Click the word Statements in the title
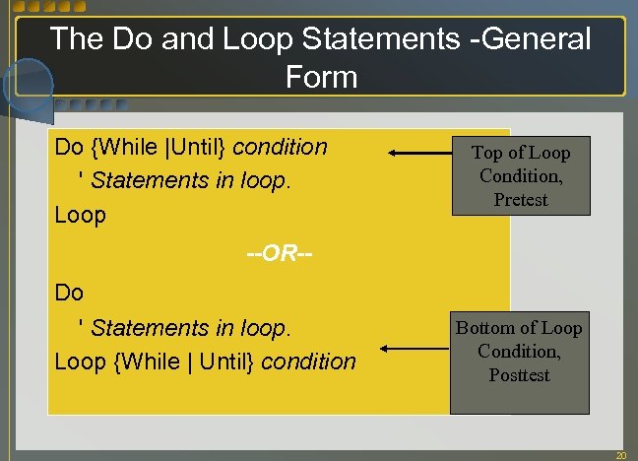(390, 39)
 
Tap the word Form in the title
(321, 76)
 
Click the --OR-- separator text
(280, 253)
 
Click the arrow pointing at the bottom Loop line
(415, 348)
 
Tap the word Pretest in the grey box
(520, 200)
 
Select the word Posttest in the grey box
(519, 375)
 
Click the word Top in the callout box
(487, 153)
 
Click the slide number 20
(620, 455)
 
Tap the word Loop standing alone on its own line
(80, 215)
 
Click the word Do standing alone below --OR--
(69, 293)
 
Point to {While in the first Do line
(124, 148)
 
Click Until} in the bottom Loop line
(227, 362)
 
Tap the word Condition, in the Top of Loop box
(520, 176)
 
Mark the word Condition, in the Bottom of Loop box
(519, 352)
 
